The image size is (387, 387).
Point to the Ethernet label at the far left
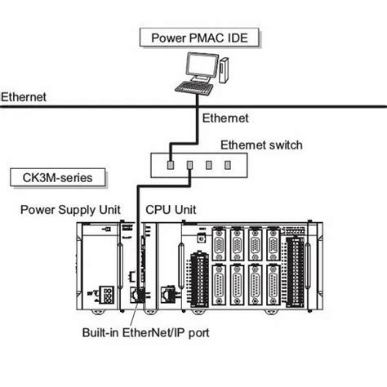[24, 96]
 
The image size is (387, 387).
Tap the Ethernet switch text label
[261, 145]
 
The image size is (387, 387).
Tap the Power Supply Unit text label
[69, 210]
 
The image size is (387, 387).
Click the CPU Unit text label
[171, 210]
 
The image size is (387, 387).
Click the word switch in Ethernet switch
[284, 145]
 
